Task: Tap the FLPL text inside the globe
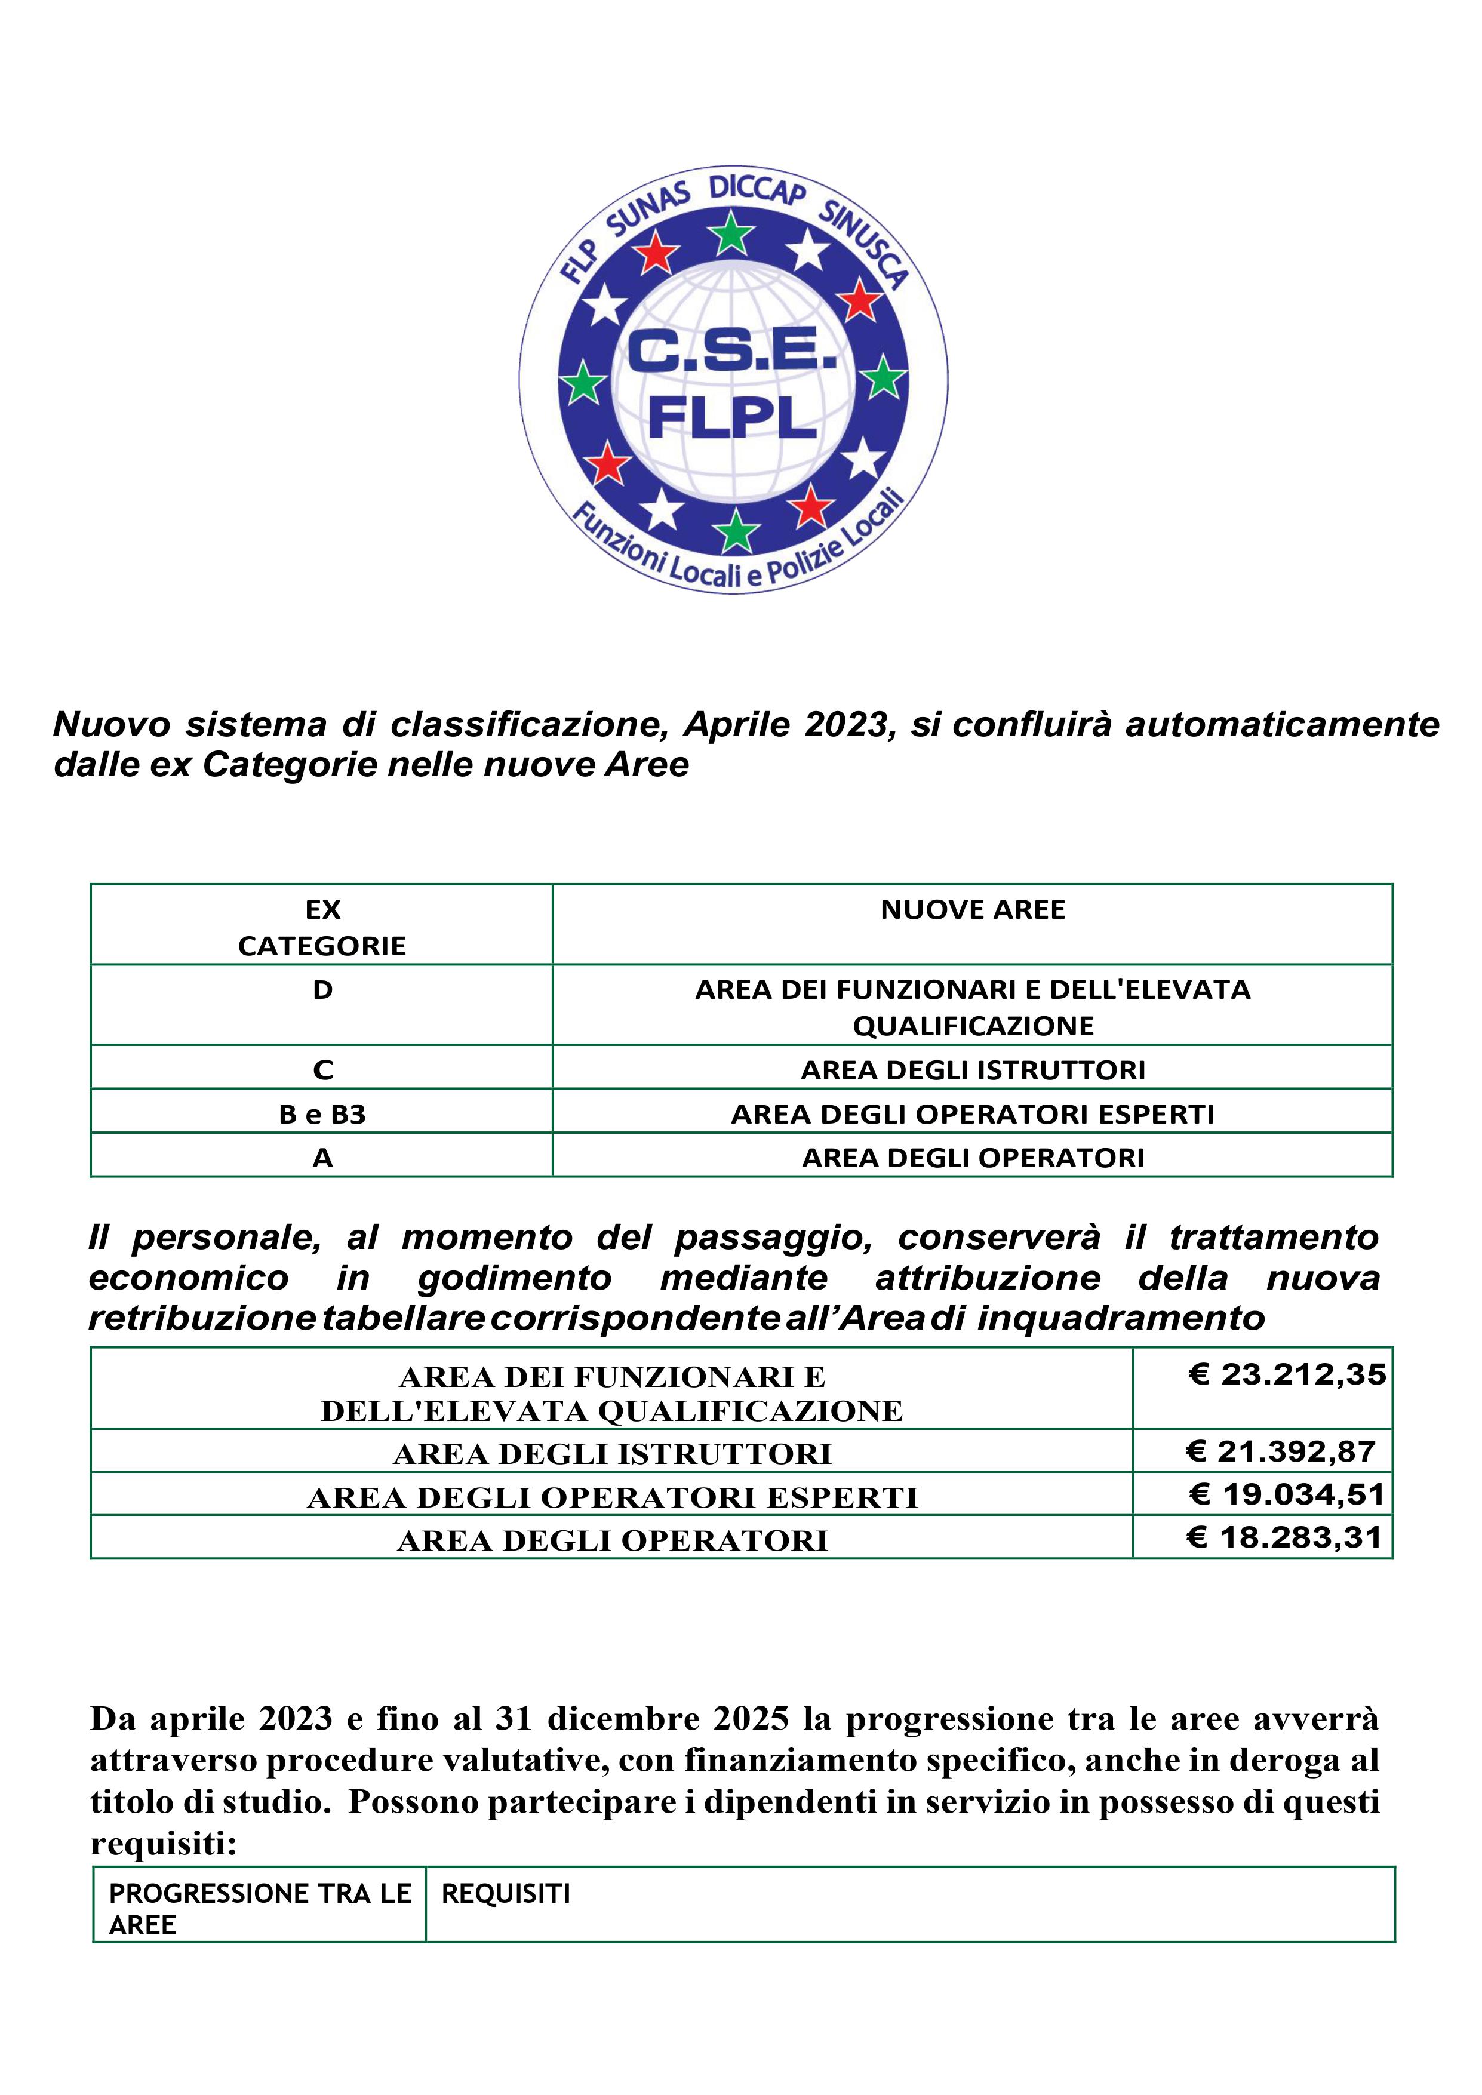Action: (x=732, y=418)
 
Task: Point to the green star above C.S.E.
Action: (x=732, y=235)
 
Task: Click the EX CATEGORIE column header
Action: (x=322, y=927)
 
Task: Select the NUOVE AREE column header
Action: (x=973, y=910)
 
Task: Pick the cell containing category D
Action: (x=322, y=990)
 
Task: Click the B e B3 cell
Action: (x=322, y=1114)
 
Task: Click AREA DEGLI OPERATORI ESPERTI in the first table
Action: (x=973, y=1114)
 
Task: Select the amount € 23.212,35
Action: (x=1287, y=1374)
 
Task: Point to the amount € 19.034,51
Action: (x=1287, y=1494)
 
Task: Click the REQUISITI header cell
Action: (x=506, y=1893)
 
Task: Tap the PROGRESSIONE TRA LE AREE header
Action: (x=259, y=1909)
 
